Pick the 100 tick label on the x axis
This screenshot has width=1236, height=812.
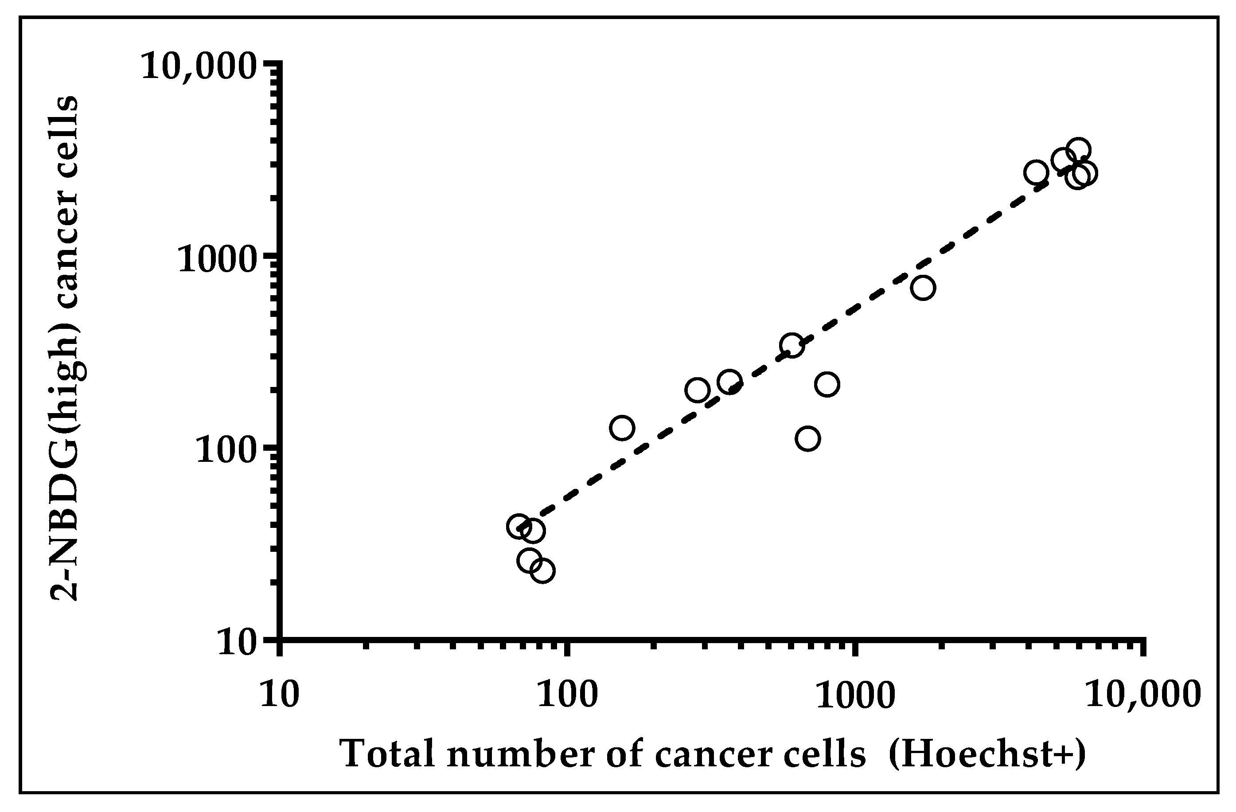click(568, 695)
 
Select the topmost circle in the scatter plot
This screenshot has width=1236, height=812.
click(1078, 151)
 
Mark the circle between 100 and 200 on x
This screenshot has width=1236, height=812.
click(622, 428)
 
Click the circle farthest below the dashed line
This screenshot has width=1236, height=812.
click(807, 438)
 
